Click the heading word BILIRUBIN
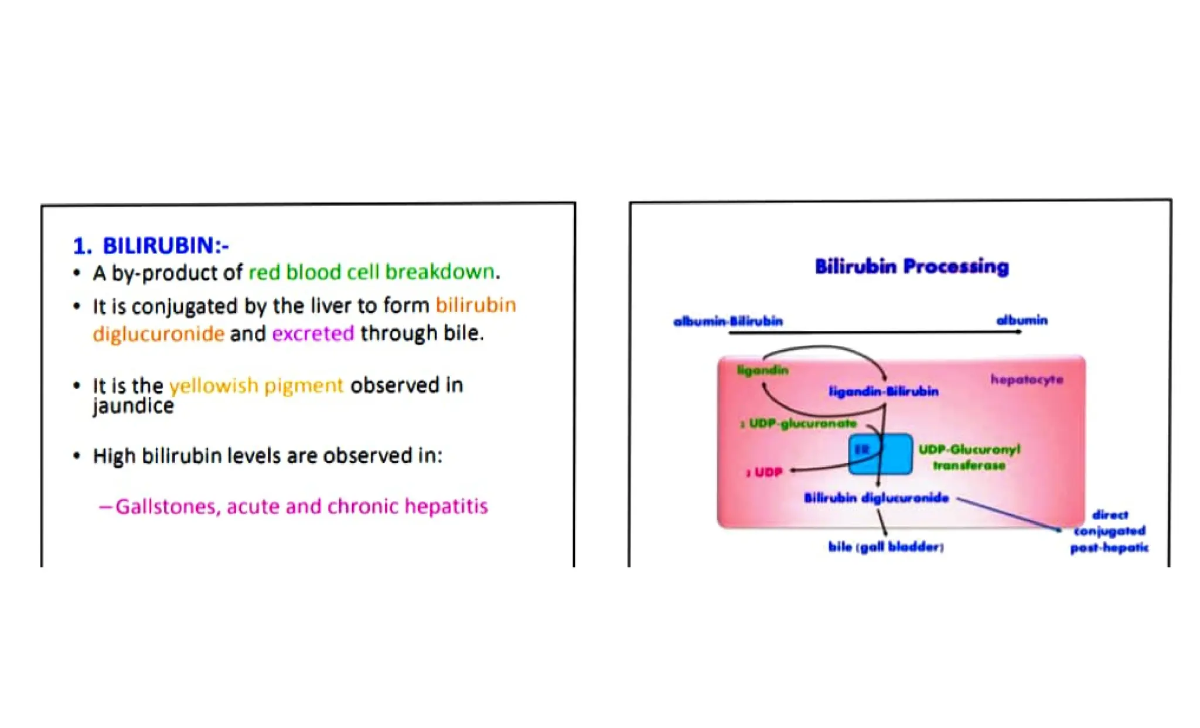[x=158, y=246]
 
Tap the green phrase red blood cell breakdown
[x=371, y=272]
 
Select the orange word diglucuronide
[x=158, y=334]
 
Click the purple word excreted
[x=313, y=334]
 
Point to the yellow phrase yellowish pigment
[x=256, y=385]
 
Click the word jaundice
[x=133, y=406]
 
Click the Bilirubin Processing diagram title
[x=912, y=266]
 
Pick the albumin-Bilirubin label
[x=728, y=322]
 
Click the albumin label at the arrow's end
[x=1021, y=320]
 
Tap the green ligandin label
[x=762, y=370]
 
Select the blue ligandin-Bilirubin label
[x=884, y=391]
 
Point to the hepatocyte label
[x=1027, y=380]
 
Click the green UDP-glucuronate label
[x=802, y=423]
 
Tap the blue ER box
[x=880, y=454]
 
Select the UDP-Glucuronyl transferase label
[x=969, y=457]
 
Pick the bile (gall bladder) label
[x=885, y=547]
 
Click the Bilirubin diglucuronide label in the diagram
[x=876, y=498]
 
